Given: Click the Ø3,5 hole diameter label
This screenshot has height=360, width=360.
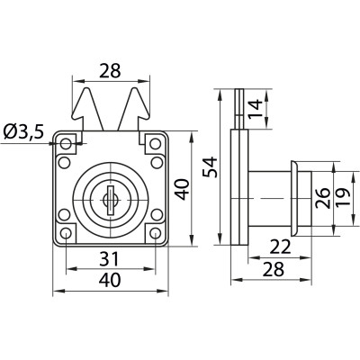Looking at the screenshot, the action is pyautogui.click(x=24, y=132).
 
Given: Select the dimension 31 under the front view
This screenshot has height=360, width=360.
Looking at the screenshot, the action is pyautogui.click(x=109, y=259).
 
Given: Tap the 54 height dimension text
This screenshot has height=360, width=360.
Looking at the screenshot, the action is pyautogui.click(x=210, y=166).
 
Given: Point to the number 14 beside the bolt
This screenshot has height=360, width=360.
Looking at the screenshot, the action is pyautogui.click(x=256, y=109).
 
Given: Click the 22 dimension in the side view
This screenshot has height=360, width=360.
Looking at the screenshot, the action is pyautogui.click(x=280, y=247).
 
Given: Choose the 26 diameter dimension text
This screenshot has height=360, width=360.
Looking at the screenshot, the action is pyautogui.click(x=323, y=199).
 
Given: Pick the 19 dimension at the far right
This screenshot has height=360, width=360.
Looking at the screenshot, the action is pyautogui.click(x=343, y=197).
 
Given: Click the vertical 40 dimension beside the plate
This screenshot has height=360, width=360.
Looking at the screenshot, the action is pyautogui.click(x=183, y=189).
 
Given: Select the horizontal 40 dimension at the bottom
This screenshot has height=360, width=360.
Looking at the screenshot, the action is pyautogui.click(x=110, y=280).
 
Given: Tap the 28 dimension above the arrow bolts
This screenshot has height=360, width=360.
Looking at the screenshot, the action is pyautogui.click(x=110, y=71).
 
